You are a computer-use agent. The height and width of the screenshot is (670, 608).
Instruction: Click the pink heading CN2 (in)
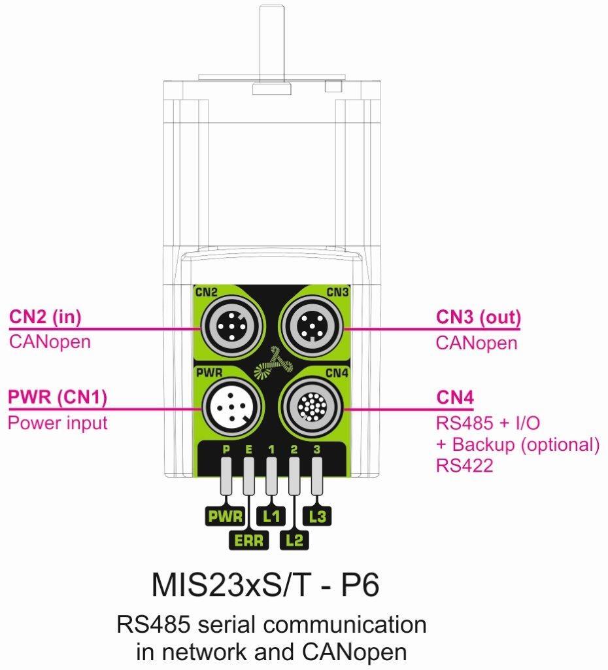tap(44, 317)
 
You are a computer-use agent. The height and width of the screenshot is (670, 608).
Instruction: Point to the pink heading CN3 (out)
tap(479, 318)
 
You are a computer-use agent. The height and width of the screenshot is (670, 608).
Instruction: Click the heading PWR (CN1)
tap(58, 398)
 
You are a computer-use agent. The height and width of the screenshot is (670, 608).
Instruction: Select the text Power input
tap(58, 423)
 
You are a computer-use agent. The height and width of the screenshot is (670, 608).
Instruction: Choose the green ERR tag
tap(248, 540)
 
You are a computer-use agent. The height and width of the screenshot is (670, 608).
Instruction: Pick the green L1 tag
tap(271, 516)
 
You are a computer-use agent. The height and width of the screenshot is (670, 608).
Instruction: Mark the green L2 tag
tap(295, 540)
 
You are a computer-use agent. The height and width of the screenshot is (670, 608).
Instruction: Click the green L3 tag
tap(318, 516)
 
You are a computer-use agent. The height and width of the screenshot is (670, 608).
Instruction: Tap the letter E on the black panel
tap(248, 450)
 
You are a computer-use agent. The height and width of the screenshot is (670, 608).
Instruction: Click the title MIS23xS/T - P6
tap(265, 585)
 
